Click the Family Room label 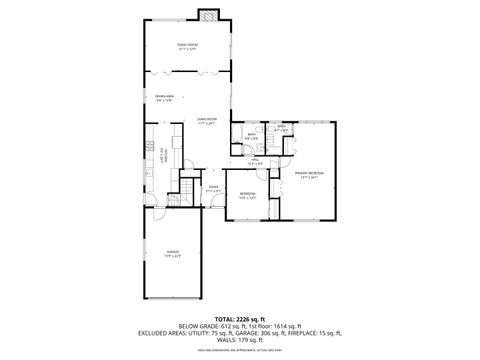[x=185, y=46]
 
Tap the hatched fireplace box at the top [x=207, y=15]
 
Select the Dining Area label [x=162, y=97]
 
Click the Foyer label [x=213, y=187]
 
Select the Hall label [x=256, y=161]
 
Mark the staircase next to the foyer [x=188, y=191]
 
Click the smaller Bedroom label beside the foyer [x=247, y=195]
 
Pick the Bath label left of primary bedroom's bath [x=253, y=136]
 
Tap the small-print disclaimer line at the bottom [x=240, y=352]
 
